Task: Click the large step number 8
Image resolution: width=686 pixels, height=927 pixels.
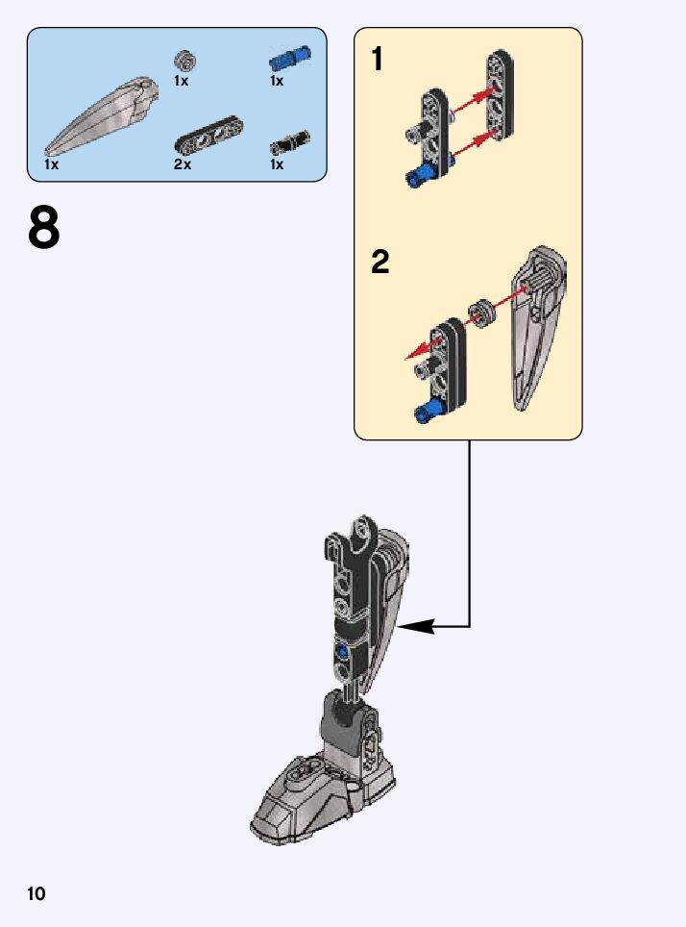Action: pos(44,228)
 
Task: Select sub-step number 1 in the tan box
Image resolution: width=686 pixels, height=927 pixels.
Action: pos(378,60)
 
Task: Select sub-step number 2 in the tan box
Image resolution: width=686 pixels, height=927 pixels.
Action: pos(380,262)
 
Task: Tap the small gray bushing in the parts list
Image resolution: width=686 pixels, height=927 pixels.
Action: pos(186,61)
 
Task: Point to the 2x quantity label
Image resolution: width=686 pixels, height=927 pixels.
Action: pos(183,164)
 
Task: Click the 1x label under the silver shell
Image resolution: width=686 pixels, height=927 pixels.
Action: pos(52,164)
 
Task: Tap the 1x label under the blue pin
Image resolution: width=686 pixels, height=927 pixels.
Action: pos(277,81)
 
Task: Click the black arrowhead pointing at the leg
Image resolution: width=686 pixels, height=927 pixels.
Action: pos(413,627)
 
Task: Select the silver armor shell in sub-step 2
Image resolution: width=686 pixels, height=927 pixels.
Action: pos(534,327)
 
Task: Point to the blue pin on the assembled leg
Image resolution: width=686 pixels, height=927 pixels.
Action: pos(342,652)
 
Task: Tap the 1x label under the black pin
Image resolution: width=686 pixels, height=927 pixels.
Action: pos(277,164)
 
